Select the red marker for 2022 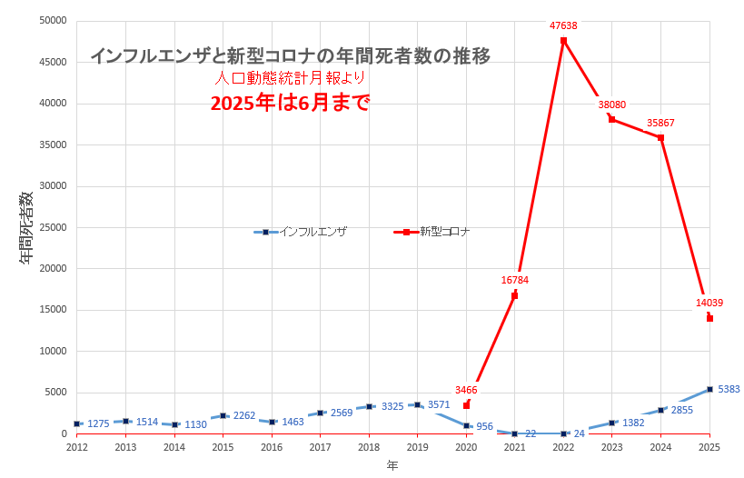563,41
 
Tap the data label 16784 514,280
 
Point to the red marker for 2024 660,137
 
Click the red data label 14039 709,303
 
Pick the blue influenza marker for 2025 709,389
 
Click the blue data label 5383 729,389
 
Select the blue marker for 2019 417,404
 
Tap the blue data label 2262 244,415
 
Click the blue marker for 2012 77,423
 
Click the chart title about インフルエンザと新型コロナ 290,56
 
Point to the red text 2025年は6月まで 290,103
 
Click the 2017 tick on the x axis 320,447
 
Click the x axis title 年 392,465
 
